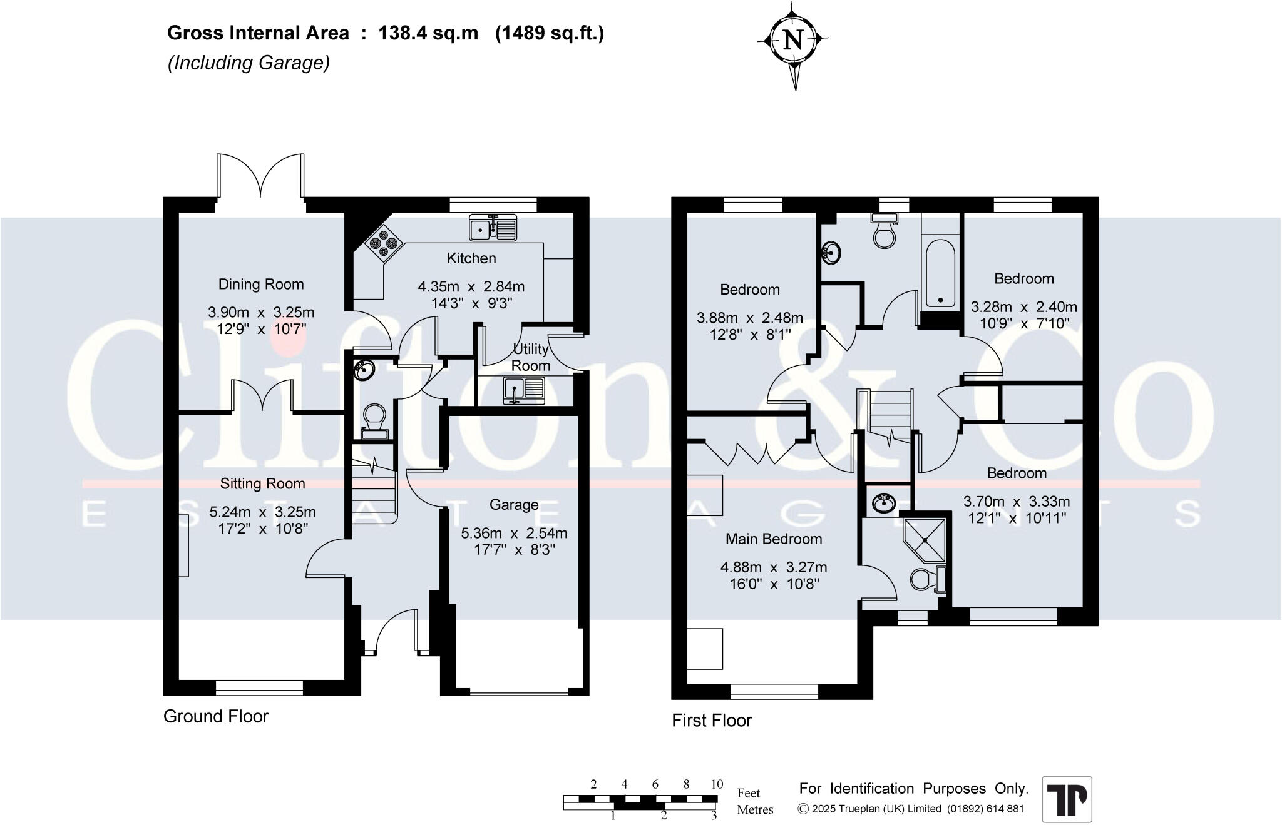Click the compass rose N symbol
pos(793,41)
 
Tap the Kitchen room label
pos(471,258)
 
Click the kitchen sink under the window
pos(493,228)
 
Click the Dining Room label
pos(261,285)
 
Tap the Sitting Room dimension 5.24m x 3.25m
pos(262,512)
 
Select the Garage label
pos(514,505)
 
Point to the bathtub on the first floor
pos(940,273)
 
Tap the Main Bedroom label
pos(774,539)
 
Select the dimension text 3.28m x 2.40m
pos(1023,307)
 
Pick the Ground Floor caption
pos(216,717)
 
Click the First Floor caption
pos(712,721)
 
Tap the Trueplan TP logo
pos(1067,799)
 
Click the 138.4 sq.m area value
pos(428,33)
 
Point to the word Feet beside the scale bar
pos(749,793)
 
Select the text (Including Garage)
pos(249,63)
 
